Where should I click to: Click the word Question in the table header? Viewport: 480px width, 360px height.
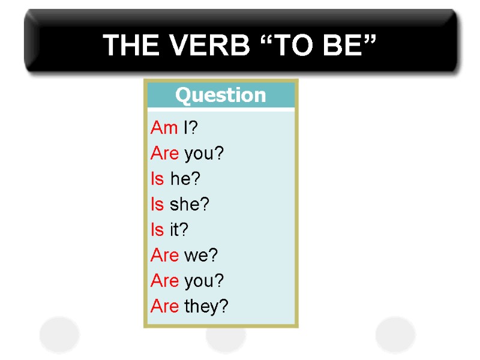click(220, 95)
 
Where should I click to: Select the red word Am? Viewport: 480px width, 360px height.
click(164, 128)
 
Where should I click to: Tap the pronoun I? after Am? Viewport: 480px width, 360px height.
click(190, 128)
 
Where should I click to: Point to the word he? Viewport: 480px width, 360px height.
click(185, 179)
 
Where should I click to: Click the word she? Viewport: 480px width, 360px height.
click(190, 205)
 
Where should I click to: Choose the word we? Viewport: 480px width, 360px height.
click(201, 256)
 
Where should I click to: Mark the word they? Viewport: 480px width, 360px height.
click(206, 307)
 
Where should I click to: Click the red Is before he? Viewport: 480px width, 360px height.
click(157, 179)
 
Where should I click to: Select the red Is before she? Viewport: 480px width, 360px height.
click(157, 205)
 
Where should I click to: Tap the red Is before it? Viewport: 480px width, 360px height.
click(157, 230)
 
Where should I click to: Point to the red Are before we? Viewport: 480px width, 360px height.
click(165, 256)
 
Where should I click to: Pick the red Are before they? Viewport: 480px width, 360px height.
click(165, 307)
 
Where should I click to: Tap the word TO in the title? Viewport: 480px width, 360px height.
click(290, 45)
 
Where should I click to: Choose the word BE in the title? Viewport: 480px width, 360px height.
click(342, 45)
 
